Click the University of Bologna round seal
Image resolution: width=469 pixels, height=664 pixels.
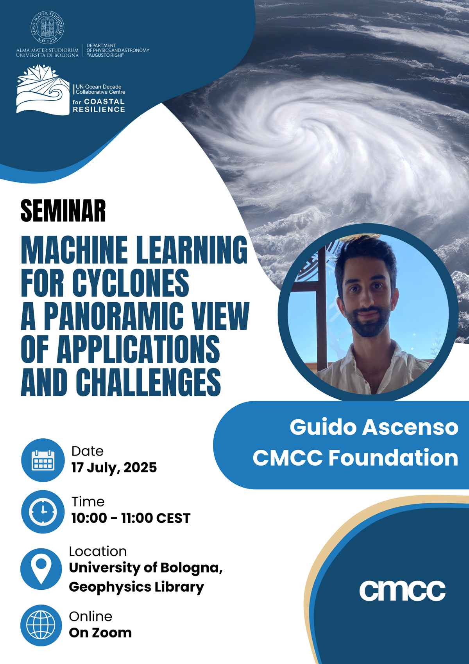tap(47, 27)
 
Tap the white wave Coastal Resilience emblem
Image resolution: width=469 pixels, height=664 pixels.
tap(43, 90)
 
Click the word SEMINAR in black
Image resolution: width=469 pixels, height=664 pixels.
tap(63, 211)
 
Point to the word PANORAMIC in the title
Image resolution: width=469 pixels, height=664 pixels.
tap(114, 316)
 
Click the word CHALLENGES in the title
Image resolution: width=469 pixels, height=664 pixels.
tap(149, 382)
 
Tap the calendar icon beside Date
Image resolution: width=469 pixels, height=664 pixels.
tap(43, 460)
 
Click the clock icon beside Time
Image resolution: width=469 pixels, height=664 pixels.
tap(43, 511)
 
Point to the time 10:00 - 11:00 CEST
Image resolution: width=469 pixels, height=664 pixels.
tap(131, 518)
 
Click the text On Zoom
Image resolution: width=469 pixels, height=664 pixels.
tap(100, 633)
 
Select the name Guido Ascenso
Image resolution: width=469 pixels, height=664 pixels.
tap(374, 427)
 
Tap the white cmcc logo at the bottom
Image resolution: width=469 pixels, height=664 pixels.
tap(402, 590)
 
